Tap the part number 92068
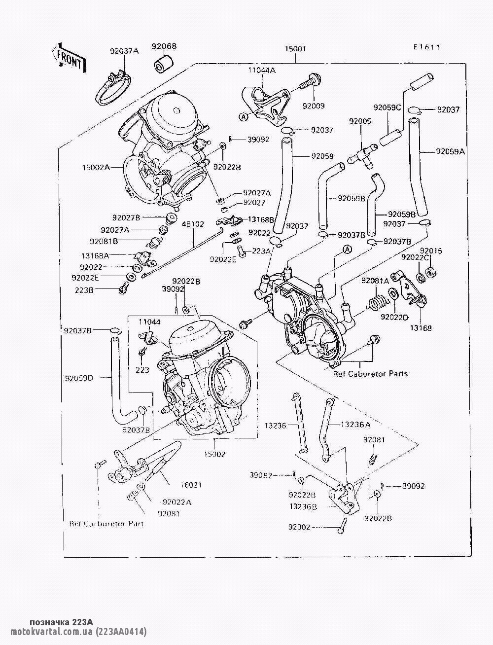tap(164, 47)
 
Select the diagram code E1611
tap(426, 47)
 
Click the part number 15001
tap(296, 49)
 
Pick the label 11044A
tap(262, 71)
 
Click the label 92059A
tap(450, 152)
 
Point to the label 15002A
tap(97, 167)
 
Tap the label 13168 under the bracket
tap(423, 328)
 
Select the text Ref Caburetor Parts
tap(371, 374)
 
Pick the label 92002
tap(300, 527)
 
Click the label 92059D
tap(79, 379)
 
